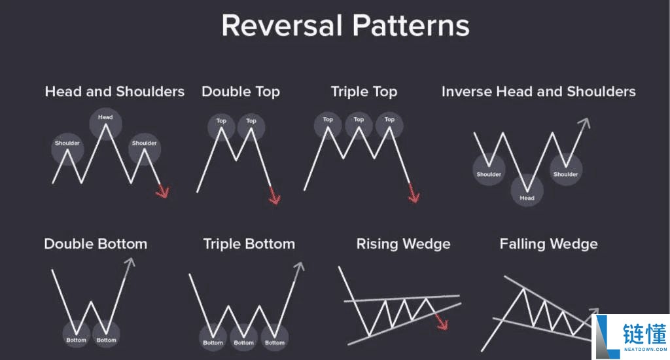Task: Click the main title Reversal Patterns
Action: click(x=345, y=26)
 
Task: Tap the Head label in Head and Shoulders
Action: click(x=105, y=117)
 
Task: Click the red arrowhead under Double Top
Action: click(x=275, y=197)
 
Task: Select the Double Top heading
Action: click(x=241, y=92)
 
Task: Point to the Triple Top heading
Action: click(x=364, y=92)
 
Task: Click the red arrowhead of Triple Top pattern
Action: click(x=414, y=196)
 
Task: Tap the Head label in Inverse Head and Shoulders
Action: click(x=527, y=198)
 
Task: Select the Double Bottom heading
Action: click(x=96, y=243)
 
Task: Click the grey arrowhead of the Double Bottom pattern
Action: click(x=130, y=262)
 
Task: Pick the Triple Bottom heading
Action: click(x=249, y=243)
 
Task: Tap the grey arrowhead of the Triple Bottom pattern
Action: click(x=299, y=267)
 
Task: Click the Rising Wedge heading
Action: click(x=403, y=243)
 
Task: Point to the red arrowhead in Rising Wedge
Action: click(x=442, y=323)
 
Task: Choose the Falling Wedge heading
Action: click(x=549, y=243)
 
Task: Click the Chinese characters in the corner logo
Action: click(x=644, y=334)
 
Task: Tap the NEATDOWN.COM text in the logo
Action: click(x=645, y=350)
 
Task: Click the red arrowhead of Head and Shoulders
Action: click(x=163, y=191)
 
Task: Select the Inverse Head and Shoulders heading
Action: click(x=538, y=92)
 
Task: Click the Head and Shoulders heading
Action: click(x=115, y=92)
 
